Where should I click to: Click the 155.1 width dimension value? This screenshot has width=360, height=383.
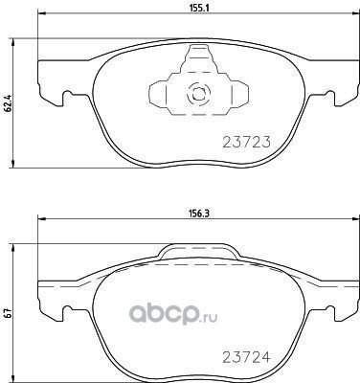(x=199, y=9)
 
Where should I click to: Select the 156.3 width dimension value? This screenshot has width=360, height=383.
(x=199, y=214)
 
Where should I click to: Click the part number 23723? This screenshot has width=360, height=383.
(x=246, y=142)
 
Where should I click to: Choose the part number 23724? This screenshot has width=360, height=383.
(x=246, y=357)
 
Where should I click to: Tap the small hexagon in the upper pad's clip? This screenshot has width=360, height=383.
(x=198, y=94)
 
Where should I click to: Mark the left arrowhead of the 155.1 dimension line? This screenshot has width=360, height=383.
(x=42, y=13)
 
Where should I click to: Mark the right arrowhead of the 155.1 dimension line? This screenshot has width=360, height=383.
(x=354, y=13)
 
